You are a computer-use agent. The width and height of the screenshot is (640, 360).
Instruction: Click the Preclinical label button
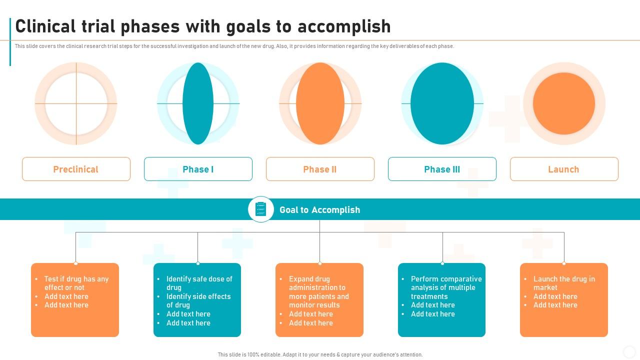click(x=76, y=169)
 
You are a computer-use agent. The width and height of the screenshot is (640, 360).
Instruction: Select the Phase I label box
click(x=198, y=169)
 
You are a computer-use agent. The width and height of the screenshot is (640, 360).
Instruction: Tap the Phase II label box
click(x=320, y=169)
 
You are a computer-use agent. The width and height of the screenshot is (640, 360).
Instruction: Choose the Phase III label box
click(x=442, y=169)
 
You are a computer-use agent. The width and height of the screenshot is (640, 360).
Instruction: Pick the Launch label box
click(x=564, y=169)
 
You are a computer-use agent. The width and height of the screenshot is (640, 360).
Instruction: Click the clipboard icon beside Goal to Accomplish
click(x=261, y=209)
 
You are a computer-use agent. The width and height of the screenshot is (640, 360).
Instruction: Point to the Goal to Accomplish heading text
click(x=319, y=210)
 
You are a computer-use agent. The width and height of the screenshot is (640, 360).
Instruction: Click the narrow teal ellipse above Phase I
click(x=198, y=103)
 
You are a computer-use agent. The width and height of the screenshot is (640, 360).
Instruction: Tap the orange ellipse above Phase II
click(x=320, y=103)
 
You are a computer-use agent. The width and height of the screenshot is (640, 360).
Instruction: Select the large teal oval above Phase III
click(x=442, y=103)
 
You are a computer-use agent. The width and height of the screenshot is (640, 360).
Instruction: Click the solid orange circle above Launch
click(x=564, y=103)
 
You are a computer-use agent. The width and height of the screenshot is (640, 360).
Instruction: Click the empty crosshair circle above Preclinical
click(x=76, y=103)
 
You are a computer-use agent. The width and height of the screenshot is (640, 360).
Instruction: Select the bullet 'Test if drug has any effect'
click(x=76, y=283)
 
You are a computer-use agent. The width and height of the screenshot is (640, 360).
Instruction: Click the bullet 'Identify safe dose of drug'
click(x=199, y=283)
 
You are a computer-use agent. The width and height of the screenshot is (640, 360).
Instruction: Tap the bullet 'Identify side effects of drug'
click(x=198, y=300)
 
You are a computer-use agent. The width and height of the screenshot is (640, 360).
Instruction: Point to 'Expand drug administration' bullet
click(x=318, y=292)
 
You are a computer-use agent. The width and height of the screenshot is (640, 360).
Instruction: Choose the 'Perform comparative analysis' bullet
click(x=446, y=287)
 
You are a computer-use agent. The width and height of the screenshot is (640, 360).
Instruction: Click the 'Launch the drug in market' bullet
click(x=563, y=283)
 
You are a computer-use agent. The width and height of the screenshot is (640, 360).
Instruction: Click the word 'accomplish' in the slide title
click(x=344, y=26)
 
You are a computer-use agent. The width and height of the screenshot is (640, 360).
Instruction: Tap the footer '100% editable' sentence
click(x=320, y=354)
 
